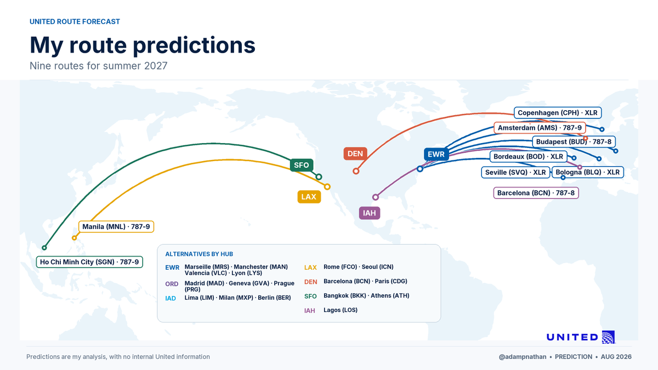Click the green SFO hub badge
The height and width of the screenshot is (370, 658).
coord(302,165)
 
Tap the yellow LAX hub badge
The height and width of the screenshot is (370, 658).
coord(309,197)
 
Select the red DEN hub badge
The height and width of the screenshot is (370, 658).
coord(355,153)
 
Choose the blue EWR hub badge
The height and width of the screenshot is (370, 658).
coord(436,154)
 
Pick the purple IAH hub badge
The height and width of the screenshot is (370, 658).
coord(370,213)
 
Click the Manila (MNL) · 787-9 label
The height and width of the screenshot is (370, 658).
coord(116,227)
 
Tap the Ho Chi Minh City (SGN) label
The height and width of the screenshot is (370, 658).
coord(89,262)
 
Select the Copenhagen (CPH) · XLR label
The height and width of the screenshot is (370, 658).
coord(558,113)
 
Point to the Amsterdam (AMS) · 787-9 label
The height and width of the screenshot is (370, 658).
coord(540,128)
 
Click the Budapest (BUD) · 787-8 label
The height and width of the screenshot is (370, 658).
coord(574,142)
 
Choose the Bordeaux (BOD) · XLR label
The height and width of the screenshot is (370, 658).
coord(528,157)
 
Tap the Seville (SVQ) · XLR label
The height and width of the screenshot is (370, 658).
coord(515,172)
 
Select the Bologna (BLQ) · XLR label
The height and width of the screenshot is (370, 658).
coord(587,172)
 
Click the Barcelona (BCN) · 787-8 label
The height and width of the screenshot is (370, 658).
coord(536,193)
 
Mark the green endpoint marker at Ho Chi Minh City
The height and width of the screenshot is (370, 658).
coord(44,248)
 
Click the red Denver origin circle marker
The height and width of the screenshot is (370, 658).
coord(356,171)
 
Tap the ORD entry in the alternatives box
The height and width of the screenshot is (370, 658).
coord(172,284)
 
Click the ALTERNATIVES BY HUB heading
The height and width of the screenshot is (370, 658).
coord(199,254)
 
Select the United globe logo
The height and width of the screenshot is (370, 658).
coord(608,337)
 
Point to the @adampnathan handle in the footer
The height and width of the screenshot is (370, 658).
coord(523,357)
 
